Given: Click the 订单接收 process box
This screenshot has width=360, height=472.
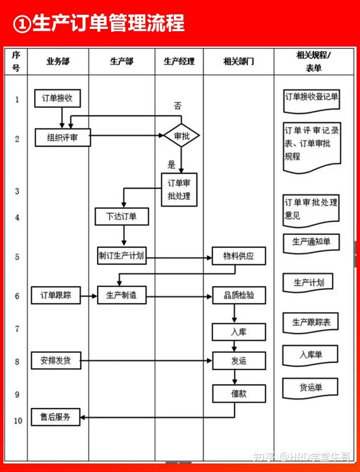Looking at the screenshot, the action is click(57, 98).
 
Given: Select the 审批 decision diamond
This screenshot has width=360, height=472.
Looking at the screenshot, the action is click(182, 136).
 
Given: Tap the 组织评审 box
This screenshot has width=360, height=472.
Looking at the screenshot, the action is click(62, 137).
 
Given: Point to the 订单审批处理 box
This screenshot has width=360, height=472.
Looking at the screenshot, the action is click(179, 189).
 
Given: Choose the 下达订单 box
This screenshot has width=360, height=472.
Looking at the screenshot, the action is click(122, 216).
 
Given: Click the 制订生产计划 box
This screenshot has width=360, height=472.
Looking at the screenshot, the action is click(122, 256).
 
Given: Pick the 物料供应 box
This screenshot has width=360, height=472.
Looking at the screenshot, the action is click(239, 256).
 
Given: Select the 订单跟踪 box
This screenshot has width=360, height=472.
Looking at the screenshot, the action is click(56, 295).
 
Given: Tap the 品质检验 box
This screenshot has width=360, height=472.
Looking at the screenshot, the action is click(239, 295).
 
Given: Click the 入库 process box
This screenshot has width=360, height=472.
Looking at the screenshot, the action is click(239, 332).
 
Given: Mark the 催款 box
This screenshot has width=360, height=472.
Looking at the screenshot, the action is click(239, 394).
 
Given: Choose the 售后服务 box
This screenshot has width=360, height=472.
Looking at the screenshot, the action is click(56, 417).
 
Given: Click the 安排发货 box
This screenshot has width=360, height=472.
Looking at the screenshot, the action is click(56, 360).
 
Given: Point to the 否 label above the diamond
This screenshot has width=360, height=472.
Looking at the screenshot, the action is click(178, 106).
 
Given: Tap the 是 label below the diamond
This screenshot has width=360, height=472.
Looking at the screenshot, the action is click(171, 165).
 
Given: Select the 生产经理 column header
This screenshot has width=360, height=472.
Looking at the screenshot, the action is click(179, 61).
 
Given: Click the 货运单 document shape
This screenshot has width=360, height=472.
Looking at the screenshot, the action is click(311, 387).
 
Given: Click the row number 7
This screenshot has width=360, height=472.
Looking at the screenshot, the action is click(17, 329).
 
